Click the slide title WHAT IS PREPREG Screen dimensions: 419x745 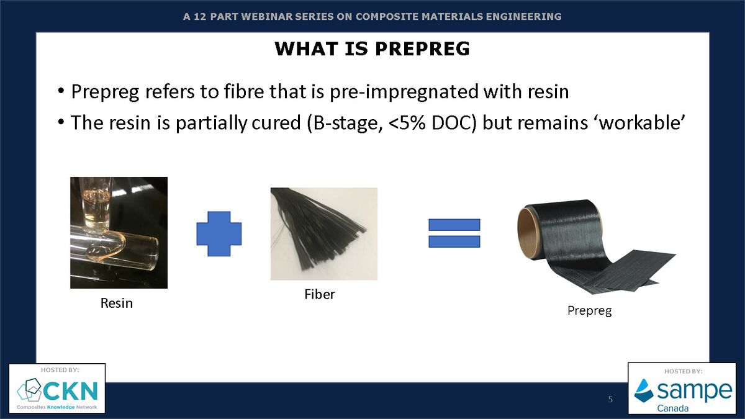coord(372,49)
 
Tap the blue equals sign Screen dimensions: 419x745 coord(454,233)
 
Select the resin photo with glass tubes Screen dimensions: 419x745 coord(119,233)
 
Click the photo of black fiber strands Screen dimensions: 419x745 coord(323,233)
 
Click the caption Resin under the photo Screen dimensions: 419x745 coord(117,304)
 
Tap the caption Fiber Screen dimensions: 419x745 coord(319,294)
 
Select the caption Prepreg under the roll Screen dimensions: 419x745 coord(589,310)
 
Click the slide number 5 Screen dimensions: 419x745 coord(610,399)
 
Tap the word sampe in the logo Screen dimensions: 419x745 coord(693,391)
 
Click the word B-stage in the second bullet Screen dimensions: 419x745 coord(342,122)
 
